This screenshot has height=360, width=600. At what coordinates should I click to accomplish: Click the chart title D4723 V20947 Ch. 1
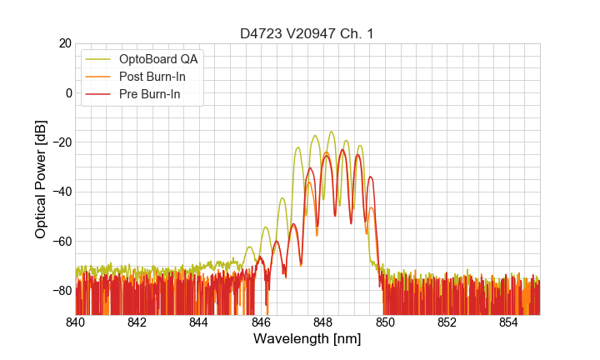tap(307, 33)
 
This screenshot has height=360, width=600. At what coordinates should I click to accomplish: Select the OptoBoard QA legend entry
tap(159, 59)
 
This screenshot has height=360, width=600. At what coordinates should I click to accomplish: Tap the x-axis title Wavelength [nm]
tap(307, 339)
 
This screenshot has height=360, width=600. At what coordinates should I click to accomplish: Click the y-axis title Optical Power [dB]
tap(41, 179)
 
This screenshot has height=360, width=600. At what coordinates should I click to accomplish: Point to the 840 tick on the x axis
tap(76, 322)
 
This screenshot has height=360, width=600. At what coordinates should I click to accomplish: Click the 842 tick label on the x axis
tap(137, 322)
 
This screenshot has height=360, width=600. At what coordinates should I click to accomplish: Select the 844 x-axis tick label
tap(199, 322)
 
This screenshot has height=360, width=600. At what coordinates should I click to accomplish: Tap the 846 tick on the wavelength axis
tap(261, 322)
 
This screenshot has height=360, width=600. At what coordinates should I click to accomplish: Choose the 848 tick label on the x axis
tap(323, 322)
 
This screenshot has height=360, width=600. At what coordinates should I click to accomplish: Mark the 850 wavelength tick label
tap(385, 322)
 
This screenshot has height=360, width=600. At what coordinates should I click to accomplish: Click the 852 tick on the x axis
tap(447, 322)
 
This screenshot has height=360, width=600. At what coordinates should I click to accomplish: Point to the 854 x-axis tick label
tap(508, 322)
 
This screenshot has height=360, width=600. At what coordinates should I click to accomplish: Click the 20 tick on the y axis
tap(64, 43)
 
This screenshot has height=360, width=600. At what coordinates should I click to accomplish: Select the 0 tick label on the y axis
tap(67, 92)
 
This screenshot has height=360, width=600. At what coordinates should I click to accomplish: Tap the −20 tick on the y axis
tap(60, 142)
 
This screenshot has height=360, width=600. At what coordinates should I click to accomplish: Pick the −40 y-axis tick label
tap(60, 192)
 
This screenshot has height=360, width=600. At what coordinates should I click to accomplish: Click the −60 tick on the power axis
tap(60, 241)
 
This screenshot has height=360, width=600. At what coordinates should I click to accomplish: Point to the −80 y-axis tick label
tap(60, 291)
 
